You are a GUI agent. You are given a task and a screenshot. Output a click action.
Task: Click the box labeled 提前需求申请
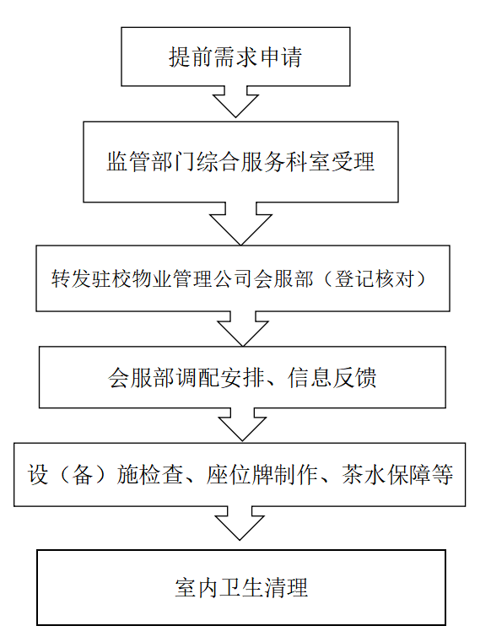coord(235,57)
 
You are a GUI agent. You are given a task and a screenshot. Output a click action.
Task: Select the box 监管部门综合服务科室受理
coord(240,162)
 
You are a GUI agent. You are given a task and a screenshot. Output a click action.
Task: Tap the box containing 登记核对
coord(243,278)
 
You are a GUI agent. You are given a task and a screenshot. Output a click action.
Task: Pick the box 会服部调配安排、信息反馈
coord(242,377)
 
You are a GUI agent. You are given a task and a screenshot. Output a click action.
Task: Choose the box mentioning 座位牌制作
coord(240,474)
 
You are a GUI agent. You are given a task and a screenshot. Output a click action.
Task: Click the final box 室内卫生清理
coord(241,587)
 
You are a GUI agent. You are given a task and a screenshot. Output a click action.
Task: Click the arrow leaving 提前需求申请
coord(235,102)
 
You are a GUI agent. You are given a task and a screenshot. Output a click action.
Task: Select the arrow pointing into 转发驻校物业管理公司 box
coord(240,224)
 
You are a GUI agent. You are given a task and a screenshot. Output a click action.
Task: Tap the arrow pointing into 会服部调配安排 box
coord(243,329)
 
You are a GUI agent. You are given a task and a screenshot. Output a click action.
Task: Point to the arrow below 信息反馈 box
coord(242,424)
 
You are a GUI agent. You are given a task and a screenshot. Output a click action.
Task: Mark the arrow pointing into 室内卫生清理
coord(240,524)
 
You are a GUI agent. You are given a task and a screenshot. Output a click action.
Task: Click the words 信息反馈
coord(332,377)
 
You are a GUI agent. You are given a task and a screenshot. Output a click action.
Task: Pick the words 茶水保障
coord(386,475)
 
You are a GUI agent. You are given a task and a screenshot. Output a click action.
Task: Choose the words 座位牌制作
coord(262,475)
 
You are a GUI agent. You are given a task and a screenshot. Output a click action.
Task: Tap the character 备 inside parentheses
coord(82,475)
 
